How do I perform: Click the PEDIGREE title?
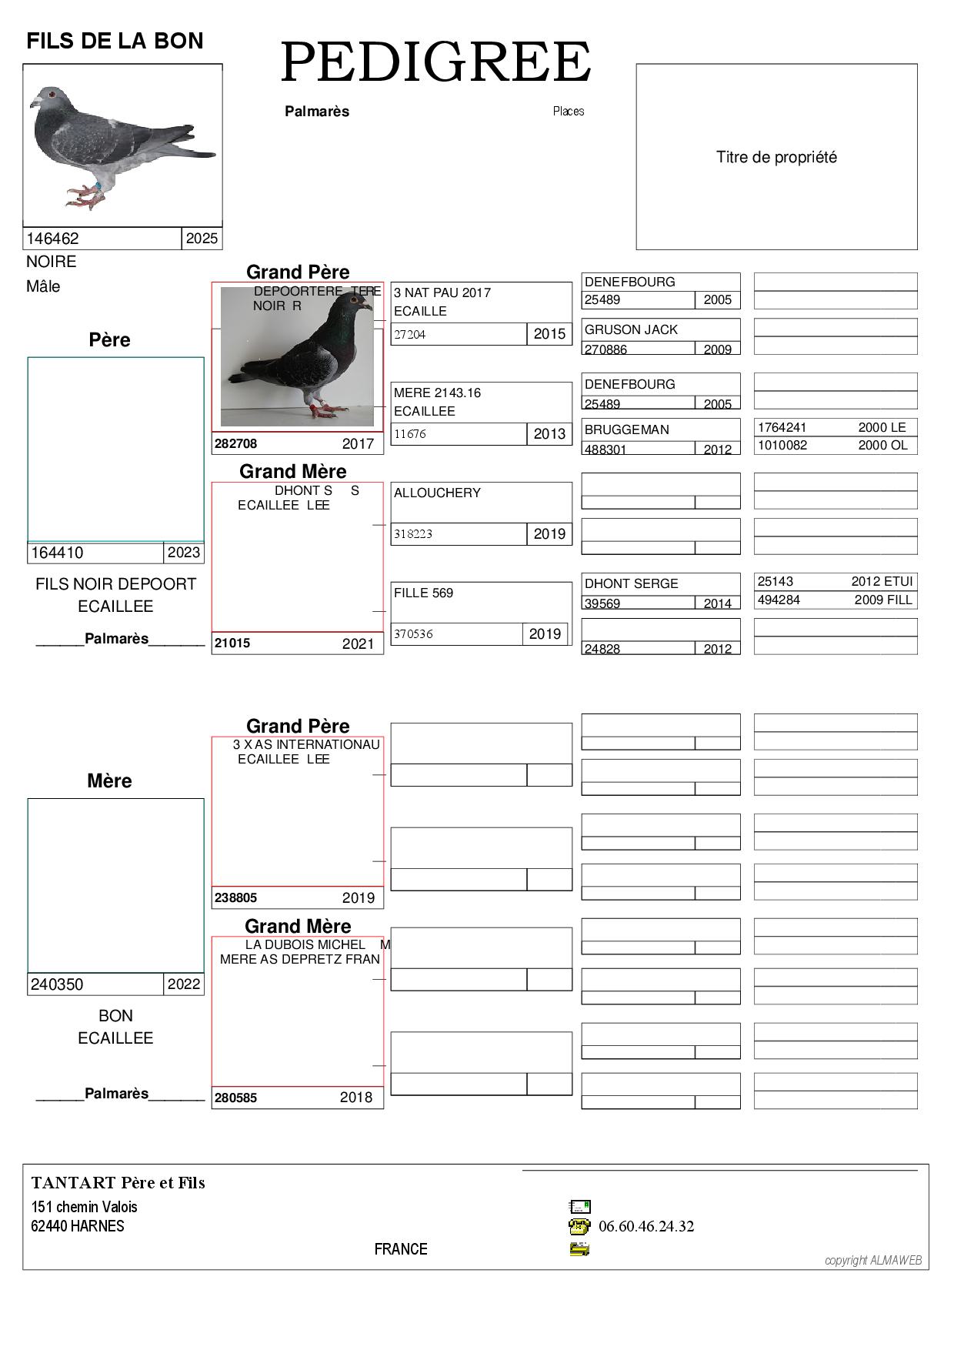(435, 63)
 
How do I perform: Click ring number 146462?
(52, 239)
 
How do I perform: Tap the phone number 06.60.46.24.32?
(645, 1227)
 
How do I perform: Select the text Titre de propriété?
(776, 158)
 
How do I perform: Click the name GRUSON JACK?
(631, 330)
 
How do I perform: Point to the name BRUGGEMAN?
(626, 430)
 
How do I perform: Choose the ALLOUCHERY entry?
(437, 493)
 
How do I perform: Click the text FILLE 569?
(423, 593)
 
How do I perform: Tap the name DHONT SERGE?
(631, 584)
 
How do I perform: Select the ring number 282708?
(235, 444)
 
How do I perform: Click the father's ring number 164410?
(57, 553)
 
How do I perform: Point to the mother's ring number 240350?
(57, 984)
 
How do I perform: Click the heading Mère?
(109, 781)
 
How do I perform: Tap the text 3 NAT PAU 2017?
(442, 293)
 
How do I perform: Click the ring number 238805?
(235, 898)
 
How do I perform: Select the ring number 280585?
(235, 1098)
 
